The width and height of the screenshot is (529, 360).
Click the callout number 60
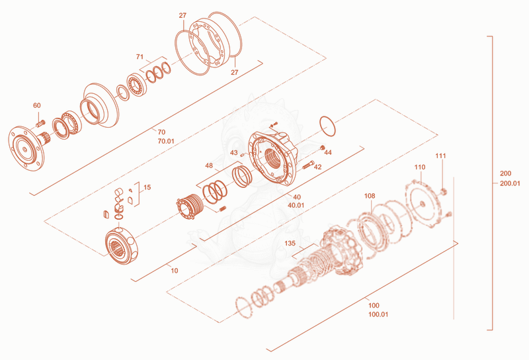(37, 105)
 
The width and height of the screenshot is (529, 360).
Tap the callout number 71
(140, 57)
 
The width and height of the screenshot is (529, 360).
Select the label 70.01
(166, 141)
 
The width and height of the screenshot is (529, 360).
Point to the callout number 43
(234, 153)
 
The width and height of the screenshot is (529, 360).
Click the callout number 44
(328, 153)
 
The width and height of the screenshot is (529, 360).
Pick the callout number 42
(318, 167)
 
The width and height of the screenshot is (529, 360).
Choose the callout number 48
(209, 165)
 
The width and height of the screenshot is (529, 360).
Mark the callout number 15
(147, 187)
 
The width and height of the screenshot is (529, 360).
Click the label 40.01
(296, 205)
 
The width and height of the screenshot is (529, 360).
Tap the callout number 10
(175, 271)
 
